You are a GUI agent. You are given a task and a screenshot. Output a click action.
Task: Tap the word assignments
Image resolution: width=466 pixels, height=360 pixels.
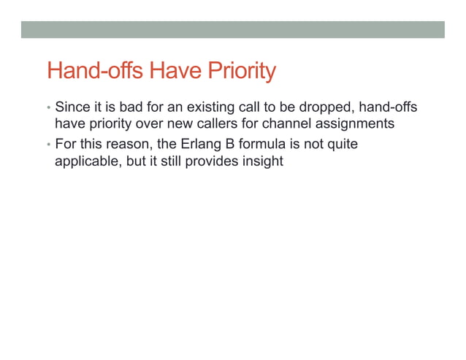[358, 124]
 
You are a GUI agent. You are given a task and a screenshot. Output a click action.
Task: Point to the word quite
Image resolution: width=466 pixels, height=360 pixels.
[341, 145]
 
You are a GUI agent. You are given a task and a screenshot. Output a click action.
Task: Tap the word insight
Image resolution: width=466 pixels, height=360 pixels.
[262, 161]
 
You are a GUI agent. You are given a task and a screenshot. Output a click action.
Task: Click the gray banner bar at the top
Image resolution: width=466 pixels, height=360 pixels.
[232, 29]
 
